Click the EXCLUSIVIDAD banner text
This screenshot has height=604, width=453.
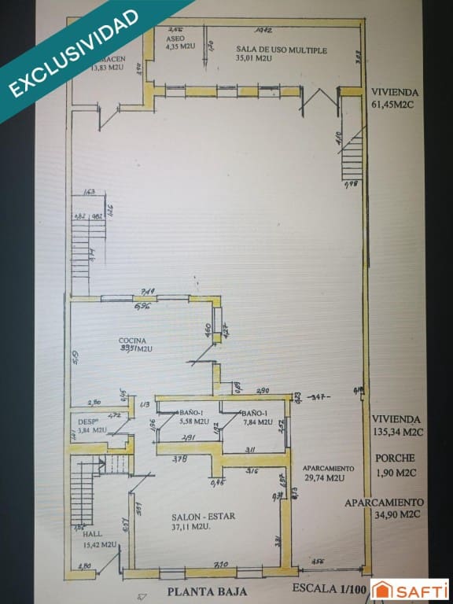75,53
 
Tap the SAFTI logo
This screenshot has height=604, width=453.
410,590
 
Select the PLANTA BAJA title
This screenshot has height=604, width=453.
206,591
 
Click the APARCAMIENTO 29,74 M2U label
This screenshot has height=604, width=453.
327,472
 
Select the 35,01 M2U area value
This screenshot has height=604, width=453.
253,58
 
